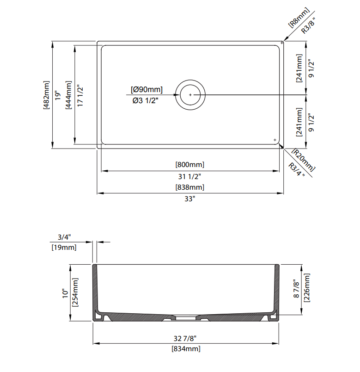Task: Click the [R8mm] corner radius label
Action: click(x=299, y=18)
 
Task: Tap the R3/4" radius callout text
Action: click(x=297, y=170)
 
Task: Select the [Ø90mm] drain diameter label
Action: click(x=146, y=90)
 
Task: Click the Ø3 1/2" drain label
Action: click(x=145, y=100)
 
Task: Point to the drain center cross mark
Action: click(x=190, y=95)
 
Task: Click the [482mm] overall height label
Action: click(x=47, y=95)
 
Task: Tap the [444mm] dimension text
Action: click(x=68, y=95)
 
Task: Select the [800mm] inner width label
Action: click(x=190, y=164)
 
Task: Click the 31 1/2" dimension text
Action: click(x=189, y=176)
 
